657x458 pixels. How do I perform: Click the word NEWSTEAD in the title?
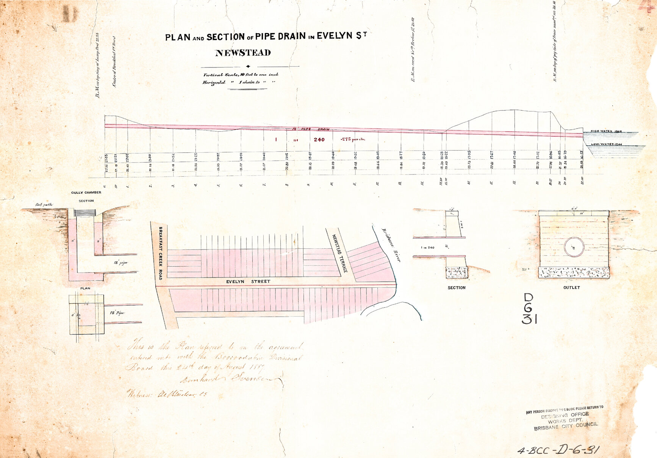tap(243, 53)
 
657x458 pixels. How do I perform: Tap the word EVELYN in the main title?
tap(335, 36)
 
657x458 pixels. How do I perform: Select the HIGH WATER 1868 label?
tap(606, 131)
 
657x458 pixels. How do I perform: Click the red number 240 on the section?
tap(319, 140)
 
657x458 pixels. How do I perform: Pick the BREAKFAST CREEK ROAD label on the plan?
tap(160, 253)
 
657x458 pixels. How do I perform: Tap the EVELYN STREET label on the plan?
tap(248, 282)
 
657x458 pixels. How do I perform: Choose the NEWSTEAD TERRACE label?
tap(339, 253)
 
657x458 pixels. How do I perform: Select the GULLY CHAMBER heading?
tap(86, 193)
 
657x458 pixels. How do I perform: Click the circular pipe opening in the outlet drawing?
tap(574, 247)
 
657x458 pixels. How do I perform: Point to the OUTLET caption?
tap(571, 288)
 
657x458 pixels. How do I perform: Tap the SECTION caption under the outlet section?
tap(456, 288)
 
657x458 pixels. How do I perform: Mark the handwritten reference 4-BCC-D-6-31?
tap(558, 450)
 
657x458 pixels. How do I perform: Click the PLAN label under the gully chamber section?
tap(85, 289)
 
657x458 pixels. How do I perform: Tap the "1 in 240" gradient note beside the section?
tap(428, 248)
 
